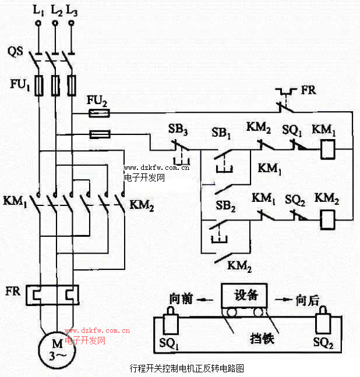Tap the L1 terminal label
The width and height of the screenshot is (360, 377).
tap(38, 10)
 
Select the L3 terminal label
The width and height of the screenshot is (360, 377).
tap(72, 10)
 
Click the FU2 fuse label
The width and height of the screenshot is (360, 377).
tap(97, 101)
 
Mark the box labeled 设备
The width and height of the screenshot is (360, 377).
tap(244, 295)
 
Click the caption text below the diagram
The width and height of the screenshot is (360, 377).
tap(180, 369)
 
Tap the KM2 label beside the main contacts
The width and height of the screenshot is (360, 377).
tap(141, 204)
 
